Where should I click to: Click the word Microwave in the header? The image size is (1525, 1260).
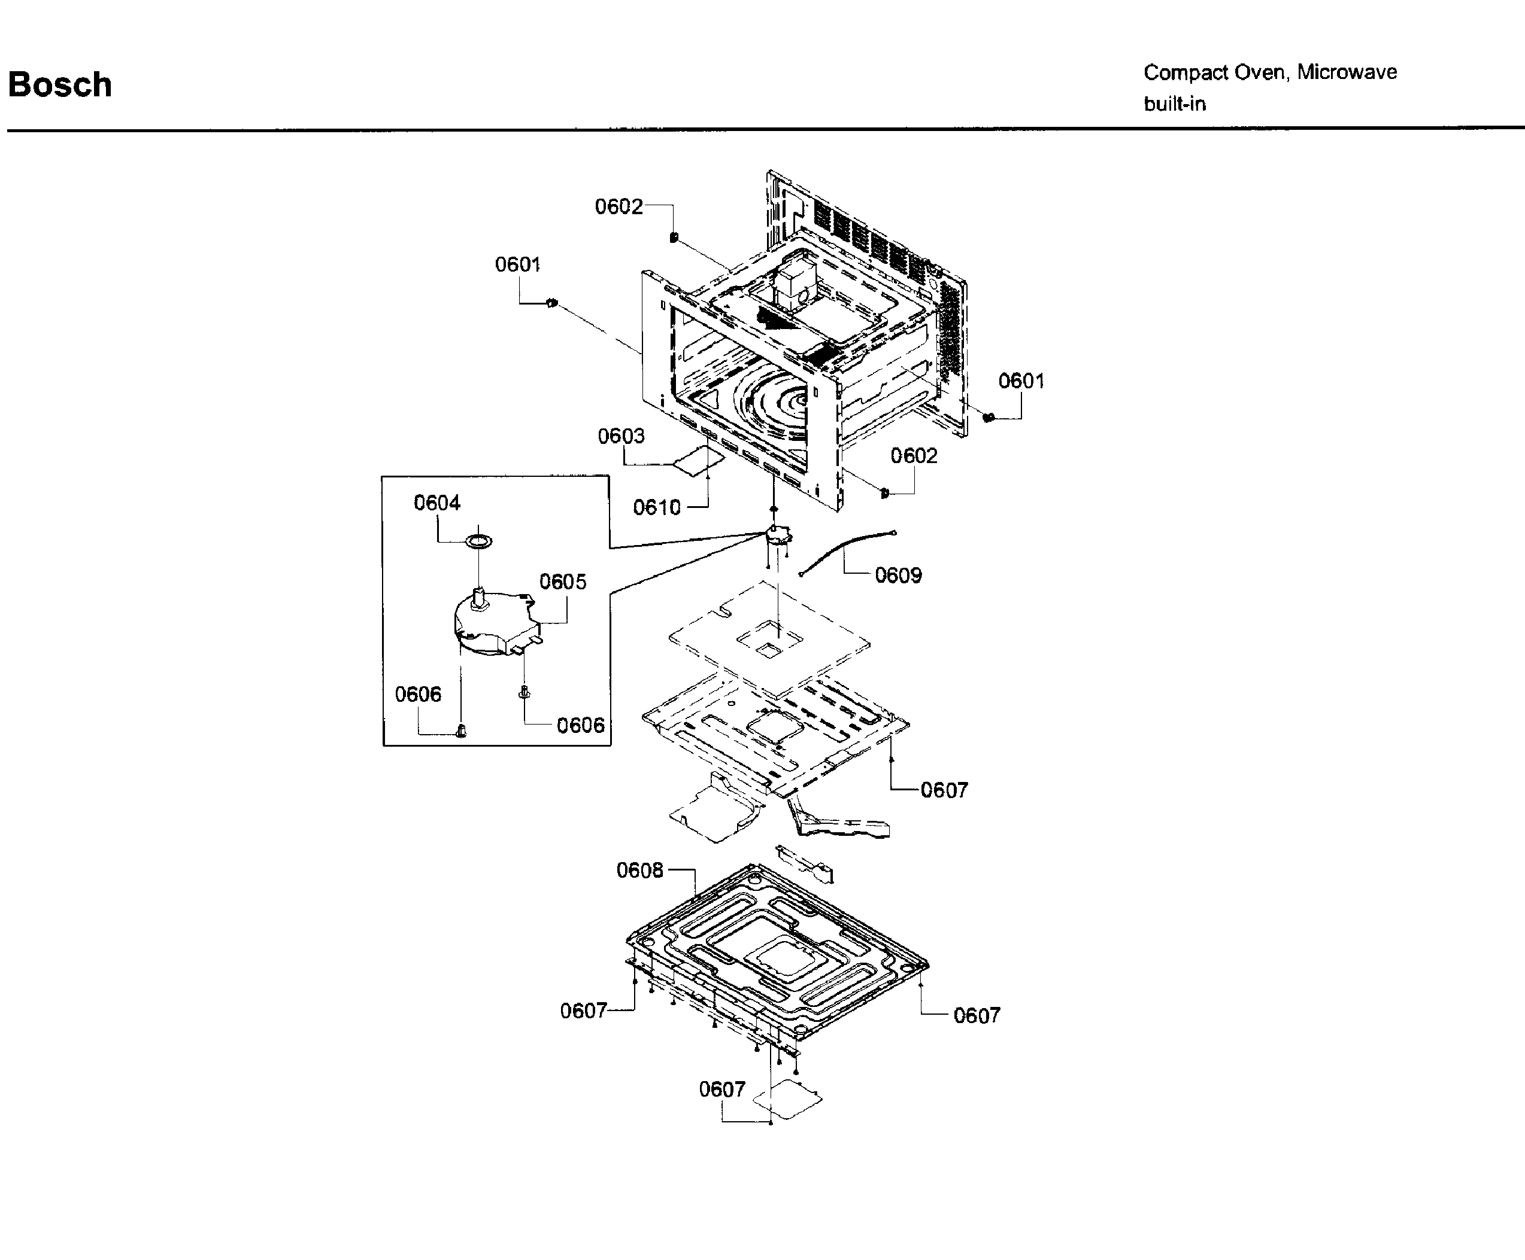pyautogui.click(x=1347, y=72)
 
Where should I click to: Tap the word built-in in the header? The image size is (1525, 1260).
pyautogui.click(x=1174, y=104)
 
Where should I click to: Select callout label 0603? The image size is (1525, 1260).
pyautogui.click(x=621, y=436)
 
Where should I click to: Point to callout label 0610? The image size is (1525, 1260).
pyautogui.click(x=656, y=507)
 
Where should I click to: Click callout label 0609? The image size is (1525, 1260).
pyautogui.click(x=898, y=575)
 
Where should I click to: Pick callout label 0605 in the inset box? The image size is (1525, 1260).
pyautogui.click(x=563, y=582)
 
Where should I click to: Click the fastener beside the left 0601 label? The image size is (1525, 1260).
pyautogui.click(x=552, y=303)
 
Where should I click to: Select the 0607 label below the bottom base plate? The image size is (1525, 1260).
pyautogui.click(x=722, y=1089)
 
